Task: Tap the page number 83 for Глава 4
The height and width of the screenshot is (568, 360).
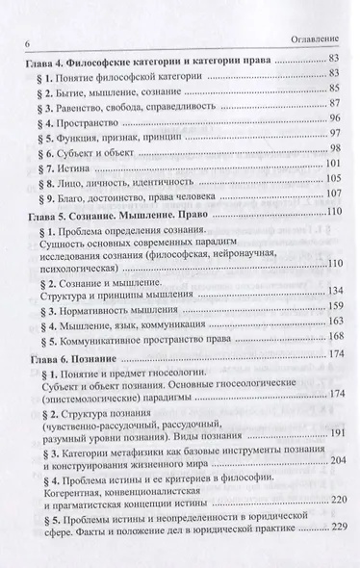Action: tap(336, 60)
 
